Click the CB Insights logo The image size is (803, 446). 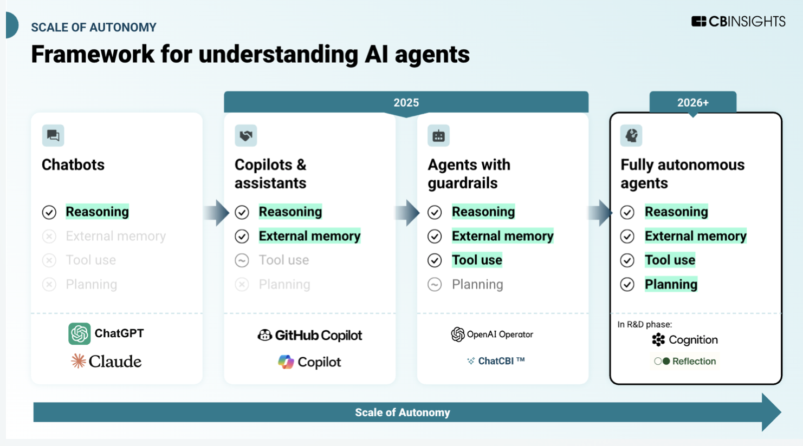point(738,22)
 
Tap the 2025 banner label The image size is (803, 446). point(406,103)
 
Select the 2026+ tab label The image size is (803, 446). point(692,103)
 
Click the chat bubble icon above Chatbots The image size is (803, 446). point(53,135)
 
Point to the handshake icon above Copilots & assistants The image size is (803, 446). point(246,135)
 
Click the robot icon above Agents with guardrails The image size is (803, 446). point(438,136)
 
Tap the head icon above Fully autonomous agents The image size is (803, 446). point(631,135)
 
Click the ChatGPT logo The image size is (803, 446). point(106,333)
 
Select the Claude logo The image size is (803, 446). point(106,361)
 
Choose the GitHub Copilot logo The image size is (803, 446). point(309,335)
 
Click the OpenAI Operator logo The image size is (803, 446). point(492,334)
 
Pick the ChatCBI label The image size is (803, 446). point(496,361)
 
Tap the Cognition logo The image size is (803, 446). point(685,340)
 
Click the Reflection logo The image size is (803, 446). point(685,361)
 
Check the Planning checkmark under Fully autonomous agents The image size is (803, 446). point(627,284)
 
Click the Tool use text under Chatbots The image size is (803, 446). point(90,260)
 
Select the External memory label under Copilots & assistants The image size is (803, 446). point(309,236)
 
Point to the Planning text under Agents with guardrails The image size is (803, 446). point(477,284)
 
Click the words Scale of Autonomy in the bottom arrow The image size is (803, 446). point(402,412)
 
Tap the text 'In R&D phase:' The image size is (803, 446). point(644,324)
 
